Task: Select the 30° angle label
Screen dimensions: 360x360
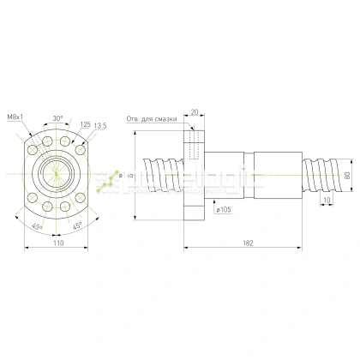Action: click(57, 117)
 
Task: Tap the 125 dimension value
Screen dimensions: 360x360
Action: click(86, 124)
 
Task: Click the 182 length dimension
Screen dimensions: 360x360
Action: click(248, 243)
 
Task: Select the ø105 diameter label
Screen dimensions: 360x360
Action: click(225, 209)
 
